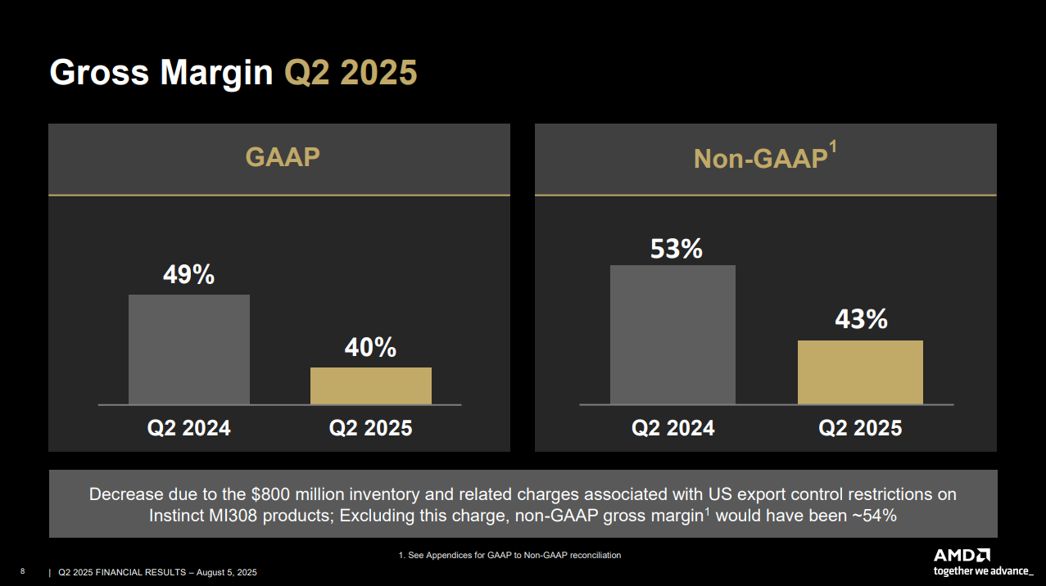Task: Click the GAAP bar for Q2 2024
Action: (188, 349)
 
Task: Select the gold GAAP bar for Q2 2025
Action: (370, 385)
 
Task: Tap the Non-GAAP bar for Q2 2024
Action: (672, 335)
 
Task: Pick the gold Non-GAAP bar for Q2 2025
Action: (860, 372)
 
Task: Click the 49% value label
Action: (188, 275)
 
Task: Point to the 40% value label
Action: (370, 347)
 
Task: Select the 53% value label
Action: (676, 248)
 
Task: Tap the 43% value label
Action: (861, 319)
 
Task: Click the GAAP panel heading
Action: (283, 157)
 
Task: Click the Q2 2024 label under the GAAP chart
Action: (188, 428)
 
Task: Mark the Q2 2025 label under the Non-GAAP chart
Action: (860, 428)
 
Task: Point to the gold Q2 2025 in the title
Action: (351, 73)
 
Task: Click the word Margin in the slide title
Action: (216, 73)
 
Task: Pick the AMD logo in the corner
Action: (962, 554)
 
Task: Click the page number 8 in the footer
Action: (22, 571)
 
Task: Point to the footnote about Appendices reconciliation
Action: (509, 555)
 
